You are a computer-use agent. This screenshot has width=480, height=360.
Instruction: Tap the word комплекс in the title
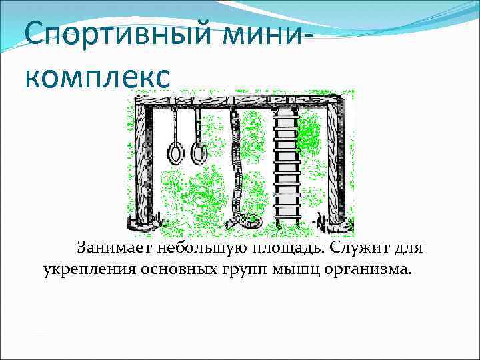tap(99, 75)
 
